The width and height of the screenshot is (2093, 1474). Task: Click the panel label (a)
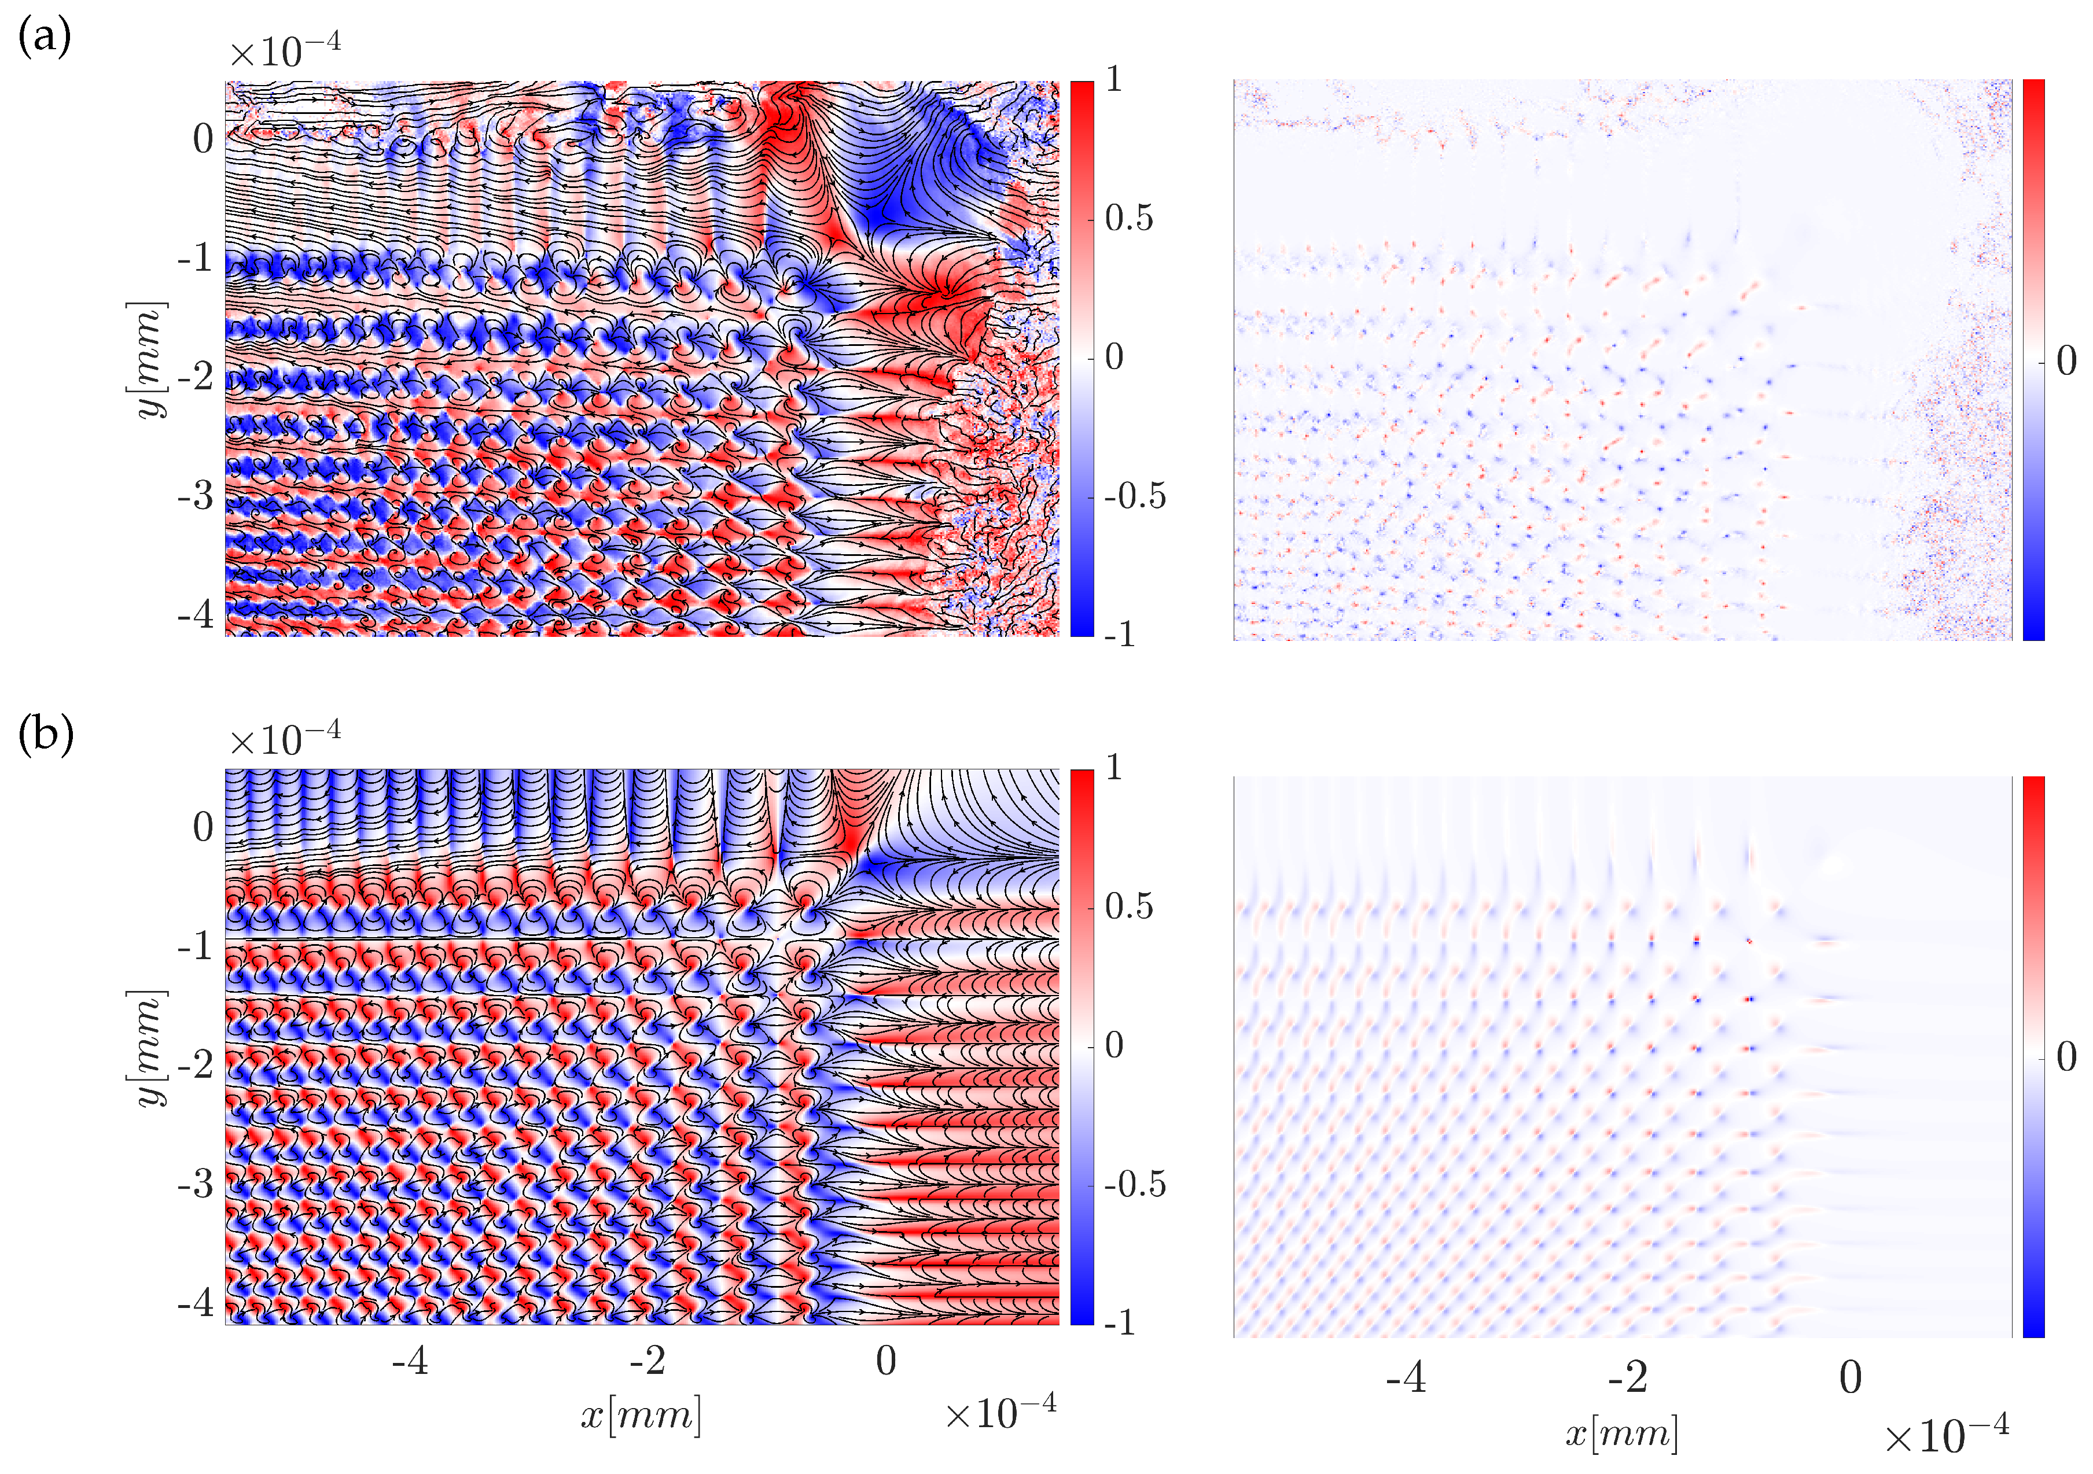click(45, 38)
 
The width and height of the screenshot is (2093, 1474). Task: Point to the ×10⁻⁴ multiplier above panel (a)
click(285, 50)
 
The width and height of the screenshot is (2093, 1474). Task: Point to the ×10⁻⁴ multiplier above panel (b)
click(285, 738)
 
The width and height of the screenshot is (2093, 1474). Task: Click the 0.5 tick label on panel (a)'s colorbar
click(1128, 219)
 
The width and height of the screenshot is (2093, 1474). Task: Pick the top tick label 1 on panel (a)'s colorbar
click(1113, 80)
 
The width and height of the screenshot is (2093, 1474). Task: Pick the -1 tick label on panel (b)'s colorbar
click(1120, 1322)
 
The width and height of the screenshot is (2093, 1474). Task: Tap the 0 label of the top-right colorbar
click(2066, 361)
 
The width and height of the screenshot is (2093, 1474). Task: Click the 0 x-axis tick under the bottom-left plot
click(885, 1361)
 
